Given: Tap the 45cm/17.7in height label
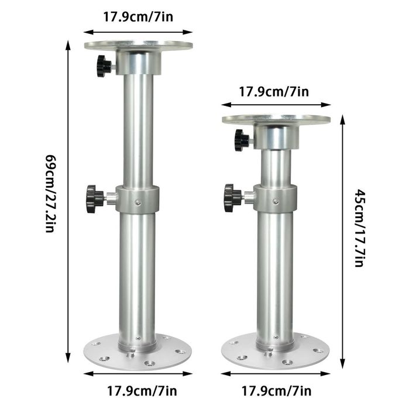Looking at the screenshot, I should click(360, 228).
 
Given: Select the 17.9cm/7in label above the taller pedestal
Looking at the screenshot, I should click(139, 16).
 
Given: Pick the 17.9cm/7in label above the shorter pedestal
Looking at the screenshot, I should click(274, 91).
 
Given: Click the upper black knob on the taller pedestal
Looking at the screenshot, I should click(104, 66).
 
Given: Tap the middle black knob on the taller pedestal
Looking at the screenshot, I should click(94, 198).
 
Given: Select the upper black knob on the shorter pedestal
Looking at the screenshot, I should click(241, 140).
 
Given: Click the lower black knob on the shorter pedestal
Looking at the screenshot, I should click(232, 198).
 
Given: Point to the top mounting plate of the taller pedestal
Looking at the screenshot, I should click(138, 44).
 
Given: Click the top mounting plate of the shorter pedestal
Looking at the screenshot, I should click(276, 119).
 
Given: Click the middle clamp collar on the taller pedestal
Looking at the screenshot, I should click(138, 199).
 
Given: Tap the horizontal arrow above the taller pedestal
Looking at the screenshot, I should click(139, 32).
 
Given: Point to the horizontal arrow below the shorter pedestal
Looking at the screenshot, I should click(275, 373).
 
